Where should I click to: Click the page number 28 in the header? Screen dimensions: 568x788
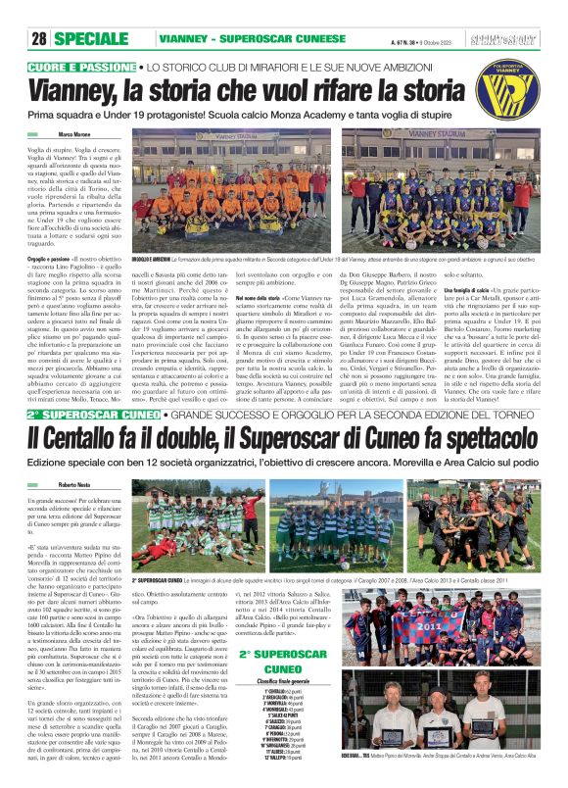tap(40, 39)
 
